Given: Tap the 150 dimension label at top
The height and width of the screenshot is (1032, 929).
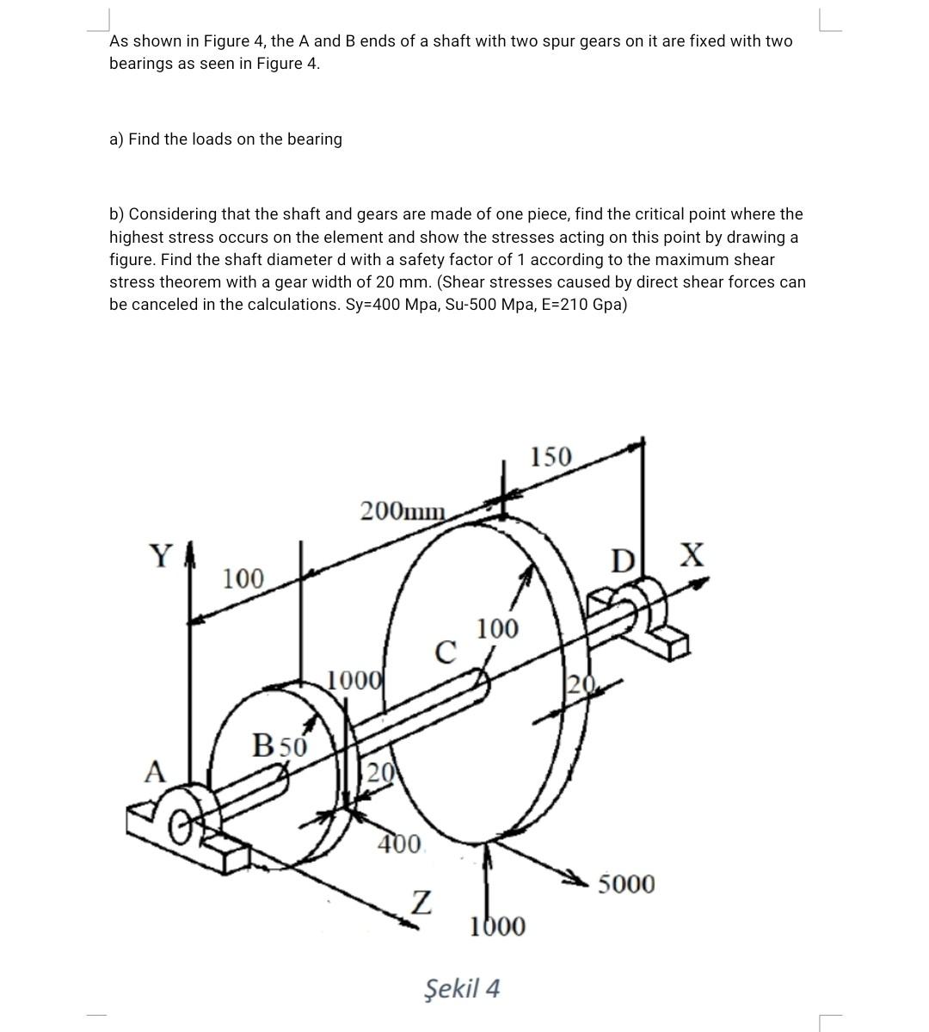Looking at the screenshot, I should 550,456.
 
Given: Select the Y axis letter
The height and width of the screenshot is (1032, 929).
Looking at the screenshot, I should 161,557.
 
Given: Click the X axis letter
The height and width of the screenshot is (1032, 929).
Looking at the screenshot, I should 692,555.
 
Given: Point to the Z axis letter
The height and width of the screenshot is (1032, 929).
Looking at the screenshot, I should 420,903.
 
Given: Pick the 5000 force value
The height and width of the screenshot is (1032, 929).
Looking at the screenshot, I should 626,884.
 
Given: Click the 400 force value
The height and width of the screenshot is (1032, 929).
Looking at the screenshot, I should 400,843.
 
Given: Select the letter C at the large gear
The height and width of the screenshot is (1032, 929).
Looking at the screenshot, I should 444,652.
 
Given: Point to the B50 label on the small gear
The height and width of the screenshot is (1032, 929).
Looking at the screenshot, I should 279,745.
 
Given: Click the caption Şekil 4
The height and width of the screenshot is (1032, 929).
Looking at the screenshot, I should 462,988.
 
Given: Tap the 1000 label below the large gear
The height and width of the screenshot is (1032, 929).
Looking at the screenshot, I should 497,926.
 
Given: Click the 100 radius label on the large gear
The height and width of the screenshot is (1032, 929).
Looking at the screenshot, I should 498,629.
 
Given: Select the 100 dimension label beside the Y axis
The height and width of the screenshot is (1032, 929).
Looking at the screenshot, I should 243,578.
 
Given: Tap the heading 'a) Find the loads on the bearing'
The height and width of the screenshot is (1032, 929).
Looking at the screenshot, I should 225,139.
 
